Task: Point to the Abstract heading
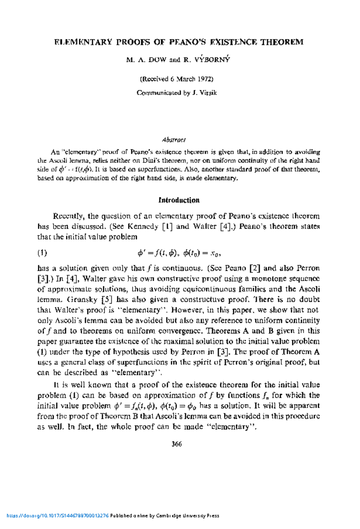[x=174, y=140]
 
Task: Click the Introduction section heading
[x=179, y=200]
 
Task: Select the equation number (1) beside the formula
[x=42, y=253]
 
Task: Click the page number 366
[x=177, y=444]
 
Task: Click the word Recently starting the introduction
[x=68, y=216]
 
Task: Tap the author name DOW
[x=157, y=60]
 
